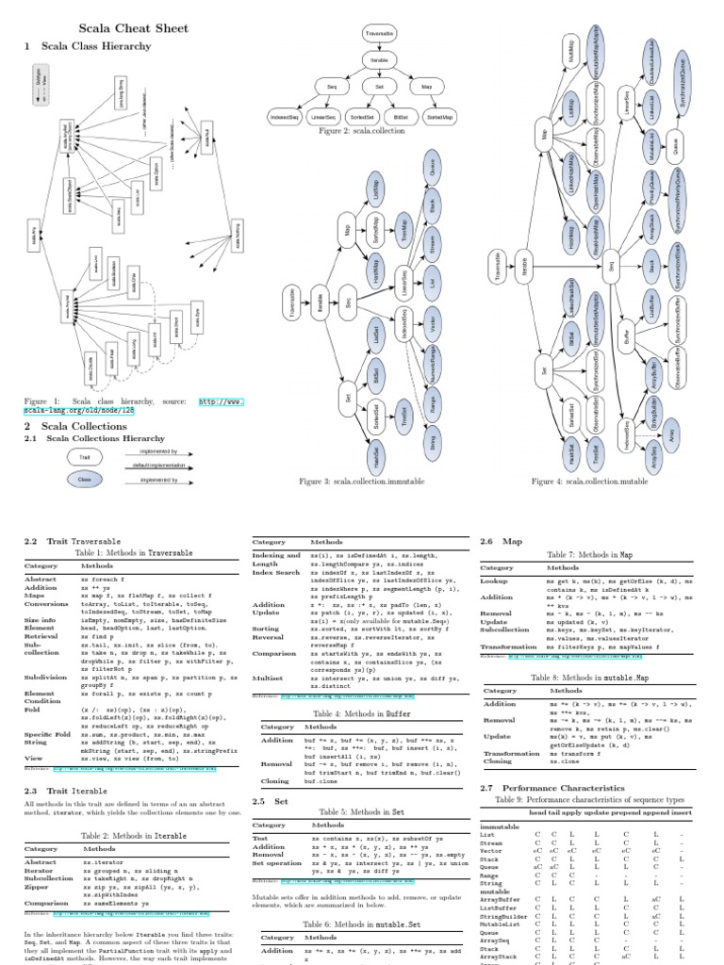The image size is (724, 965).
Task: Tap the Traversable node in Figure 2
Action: click(380, 34)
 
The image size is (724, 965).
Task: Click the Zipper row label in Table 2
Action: click(38, 888)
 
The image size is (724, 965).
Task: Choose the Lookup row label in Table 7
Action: click(496, 581)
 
